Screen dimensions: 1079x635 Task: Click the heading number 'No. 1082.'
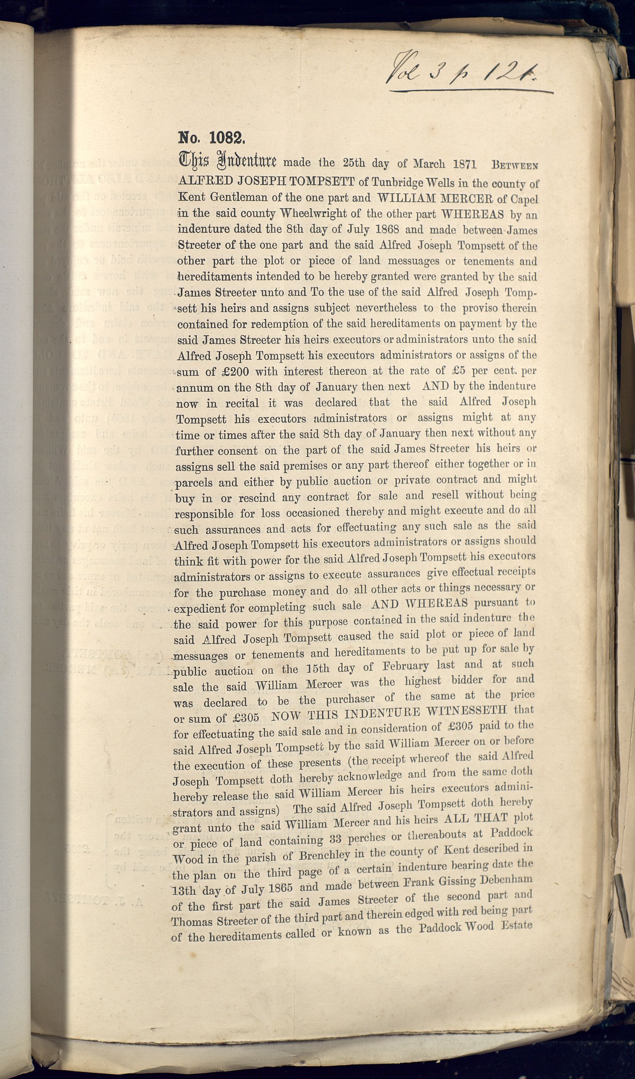[211, 138]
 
